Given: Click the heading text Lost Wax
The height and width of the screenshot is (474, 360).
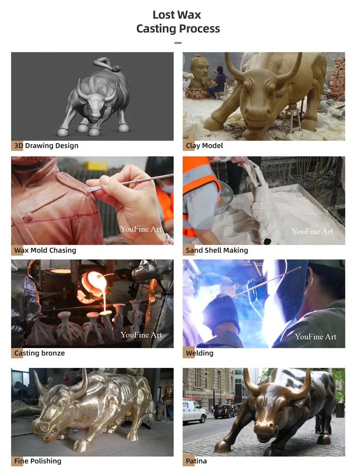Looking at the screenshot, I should pyautogui.click(x=177, y=15).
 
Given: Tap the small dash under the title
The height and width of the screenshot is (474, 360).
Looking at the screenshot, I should pyautogui.click(x=178, y=43).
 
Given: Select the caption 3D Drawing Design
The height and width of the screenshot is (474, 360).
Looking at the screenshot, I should pyautogui.click(x=46, y=146).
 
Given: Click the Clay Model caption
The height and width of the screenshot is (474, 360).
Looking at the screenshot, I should pyautogui.click(x=204, y=146).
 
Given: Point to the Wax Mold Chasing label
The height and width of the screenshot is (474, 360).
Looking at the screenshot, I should pyautogui.click(x=45, y=250).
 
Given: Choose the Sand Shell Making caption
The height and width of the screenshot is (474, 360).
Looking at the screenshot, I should pyautogui.click(x=217, y=250).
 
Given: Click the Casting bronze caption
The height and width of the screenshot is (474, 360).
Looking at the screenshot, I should pyautogui.click(x=39, y=353).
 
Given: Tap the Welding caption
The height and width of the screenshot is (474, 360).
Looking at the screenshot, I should pyautogui.click(x=200, y=353).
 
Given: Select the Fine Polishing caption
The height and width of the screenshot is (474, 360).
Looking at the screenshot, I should pyautogui.click(x=38, y=462).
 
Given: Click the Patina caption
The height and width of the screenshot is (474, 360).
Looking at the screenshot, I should pyautogui.click(x=196, y=462).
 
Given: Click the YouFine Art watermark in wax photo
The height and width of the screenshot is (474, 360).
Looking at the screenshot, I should pyautogui.click(x=141, y=229).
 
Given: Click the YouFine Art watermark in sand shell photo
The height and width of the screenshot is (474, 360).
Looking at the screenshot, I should pyautogui.click(x=312, y=231).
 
